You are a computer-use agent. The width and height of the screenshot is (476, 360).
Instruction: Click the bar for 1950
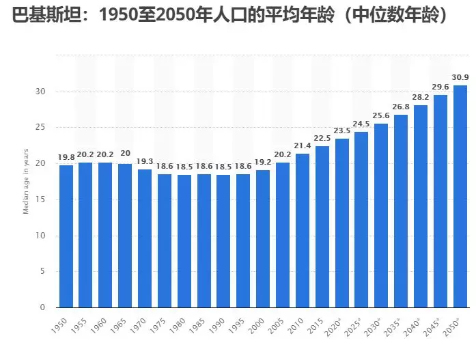[66, 236]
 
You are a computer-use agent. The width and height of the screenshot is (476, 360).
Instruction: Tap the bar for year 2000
[264, 238]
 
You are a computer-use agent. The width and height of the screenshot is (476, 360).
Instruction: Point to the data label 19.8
[66, 158]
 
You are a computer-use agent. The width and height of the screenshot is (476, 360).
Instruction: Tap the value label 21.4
[303, 146]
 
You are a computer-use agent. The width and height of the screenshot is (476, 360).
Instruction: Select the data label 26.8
[402, 107]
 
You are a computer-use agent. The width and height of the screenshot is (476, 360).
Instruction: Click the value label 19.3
[145, 162]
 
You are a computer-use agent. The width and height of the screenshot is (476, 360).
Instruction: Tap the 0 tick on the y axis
[42, 307]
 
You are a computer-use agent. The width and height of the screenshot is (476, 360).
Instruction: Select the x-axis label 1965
[122, 325]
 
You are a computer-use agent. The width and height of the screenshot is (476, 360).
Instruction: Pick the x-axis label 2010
[299, 325]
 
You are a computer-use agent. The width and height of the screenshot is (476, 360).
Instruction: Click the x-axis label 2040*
[417, 326]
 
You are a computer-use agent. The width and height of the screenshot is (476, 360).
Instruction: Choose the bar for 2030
[382, 215]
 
